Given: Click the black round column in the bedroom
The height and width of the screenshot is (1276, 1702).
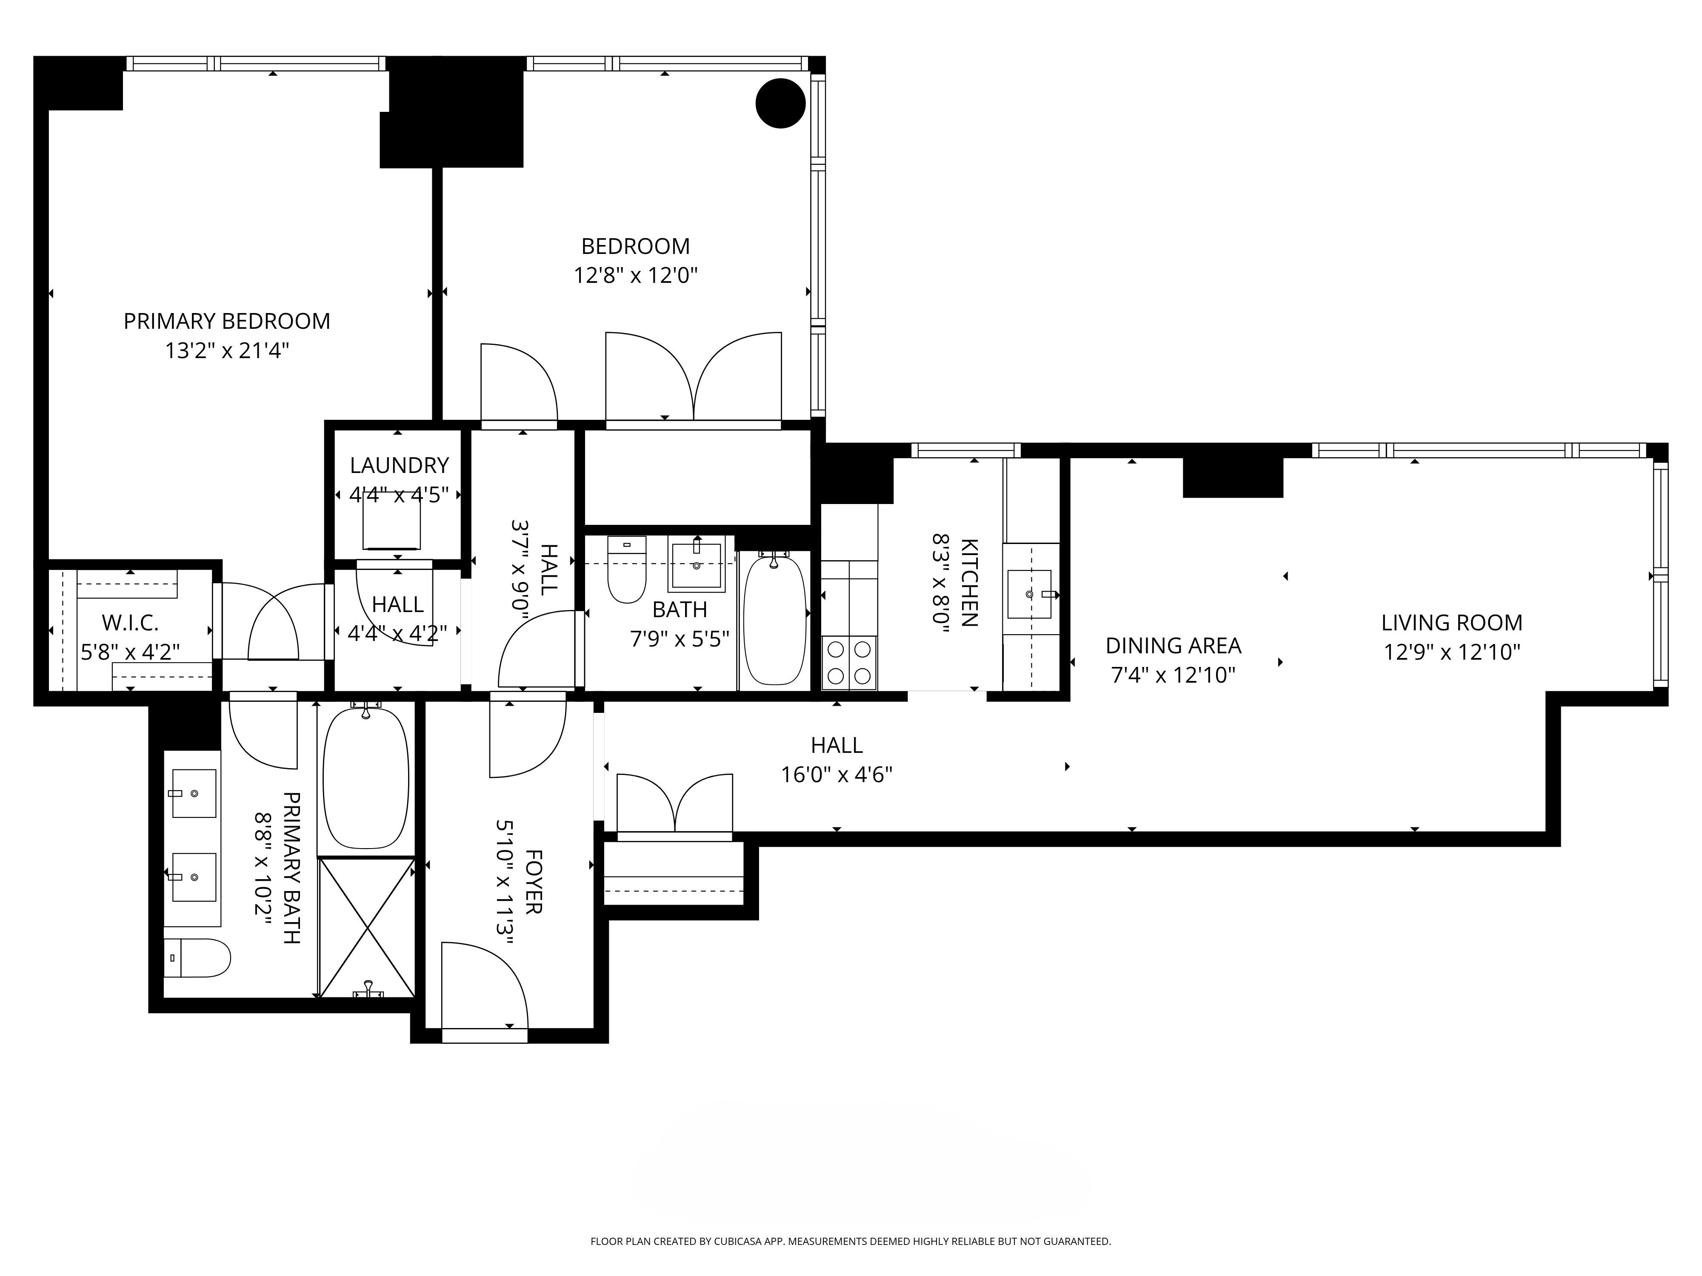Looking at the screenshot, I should coord(780,103).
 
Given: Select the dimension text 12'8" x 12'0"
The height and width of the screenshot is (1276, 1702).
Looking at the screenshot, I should coord(636,275).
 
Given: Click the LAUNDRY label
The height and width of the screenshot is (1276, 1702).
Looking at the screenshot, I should coord(400,465).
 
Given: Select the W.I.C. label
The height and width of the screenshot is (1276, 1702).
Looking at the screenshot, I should coord(130,622).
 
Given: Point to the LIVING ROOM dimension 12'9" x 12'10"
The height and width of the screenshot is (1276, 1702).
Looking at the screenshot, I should coord(1452,652).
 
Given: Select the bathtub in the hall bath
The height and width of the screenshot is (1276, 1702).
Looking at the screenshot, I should coord(775,621).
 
